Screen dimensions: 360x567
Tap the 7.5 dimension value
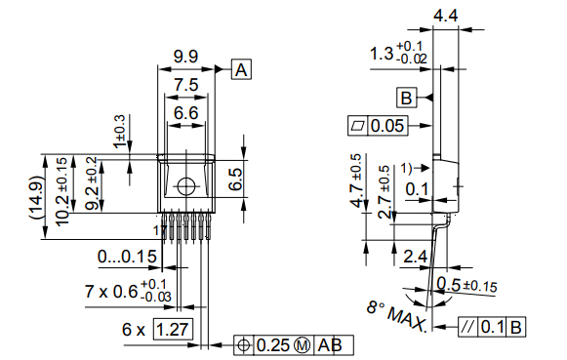(186, 86)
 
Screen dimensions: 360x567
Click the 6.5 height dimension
(235, 179)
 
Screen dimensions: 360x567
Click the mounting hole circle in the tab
(185, 186)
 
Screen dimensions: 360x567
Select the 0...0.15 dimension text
(128, 258)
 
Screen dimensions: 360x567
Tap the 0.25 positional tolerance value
(274, 345)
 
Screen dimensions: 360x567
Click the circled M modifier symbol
(302, 345)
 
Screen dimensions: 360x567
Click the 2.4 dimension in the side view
(414, 258)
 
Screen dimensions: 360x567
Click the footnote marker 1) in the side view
(407, 167)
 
